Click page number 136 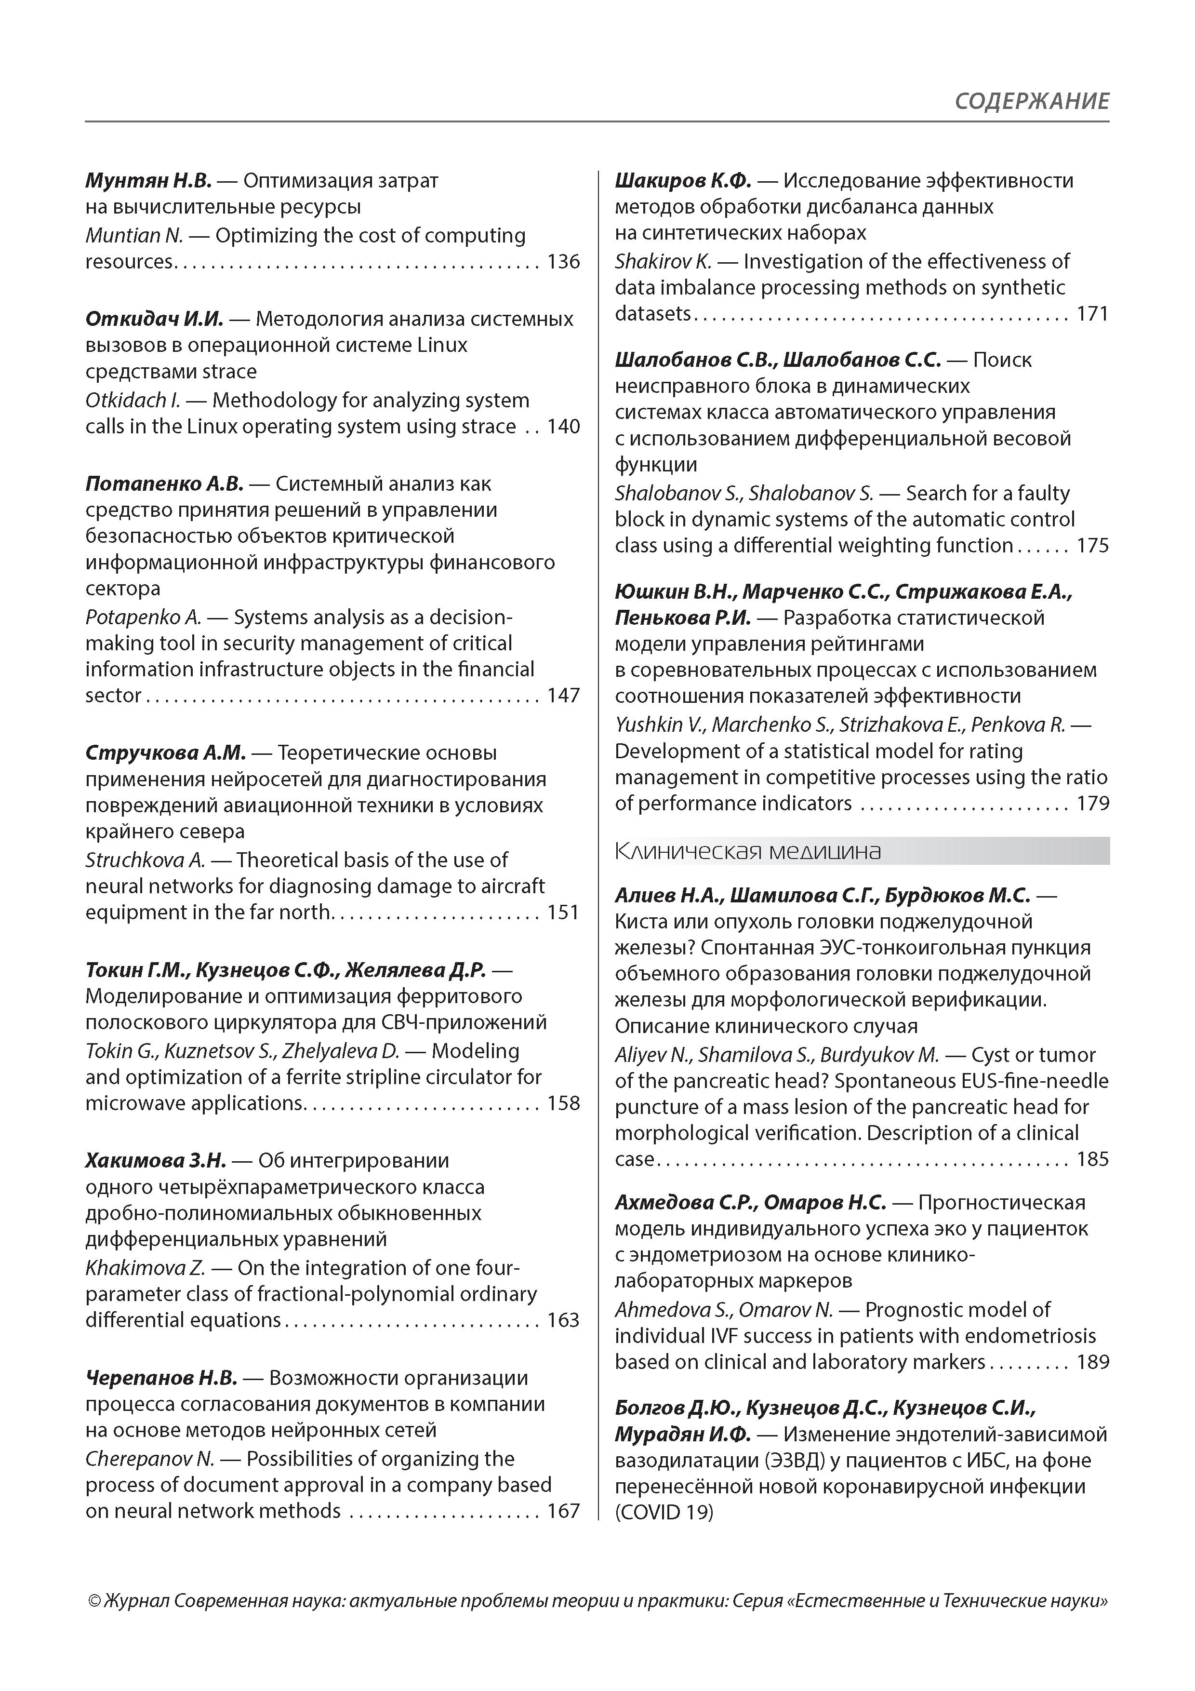click(563, 261)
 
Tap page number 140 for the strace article click(563, 427)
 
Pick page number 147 click(563, 695)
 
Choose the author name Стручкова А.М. click(165, 752)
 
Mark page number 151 click(563, 912)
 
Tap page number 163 click(563, 1320)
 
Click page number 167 click(563, 1511)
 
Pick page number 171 click(1093, 314)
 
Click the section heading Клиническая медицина click(747, 851)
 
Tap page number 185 click(1093, 1159)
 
